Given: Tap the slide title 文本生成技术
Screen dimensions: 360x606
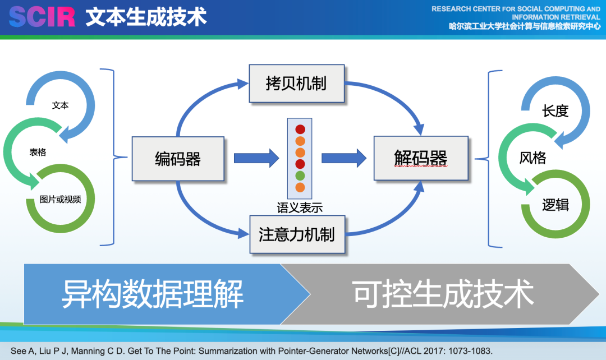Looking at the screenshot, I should pyautogui.click(x=146, y=17).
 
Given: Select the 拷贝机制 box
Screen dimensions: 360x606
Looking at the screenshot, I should pyautogui.click(x=296, y=84).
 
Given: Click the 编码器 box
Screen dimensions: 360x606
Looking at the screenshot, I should pyautogui.click(x=178, y=159).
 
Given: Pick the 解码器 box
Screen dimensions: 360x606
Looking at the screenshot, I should pyautogui.click(x=421, y=158).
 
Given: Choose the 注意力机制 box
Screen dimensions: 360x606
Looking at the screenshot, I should pyautogui.click(x=296, y=234).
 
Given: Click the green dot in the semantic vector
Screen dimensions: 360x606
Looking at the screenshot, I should pyautogui.click(x=300, y=176).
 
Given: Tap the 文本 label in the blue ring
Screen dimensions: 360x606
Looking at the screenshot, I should pyautogui.click(x=60, y=105).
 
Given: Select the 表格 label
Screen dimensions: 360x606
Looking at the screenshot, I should pyautogui.click(x=38, y=152).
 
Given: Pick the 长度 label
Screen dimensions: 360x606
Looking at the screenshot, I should pyautogui.click(x=555, y=111).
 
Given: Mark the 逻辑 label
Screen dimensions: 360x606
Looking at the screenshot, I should pyautogui.click(x=555, y=205).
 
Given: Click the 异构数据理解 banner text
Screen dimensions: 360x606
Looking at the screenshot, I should pyautogui.click(x=152, y=294).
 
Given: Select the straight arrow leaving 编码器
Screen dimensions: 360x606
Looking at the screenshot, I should pyautogui.click(x=256, y=158).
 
